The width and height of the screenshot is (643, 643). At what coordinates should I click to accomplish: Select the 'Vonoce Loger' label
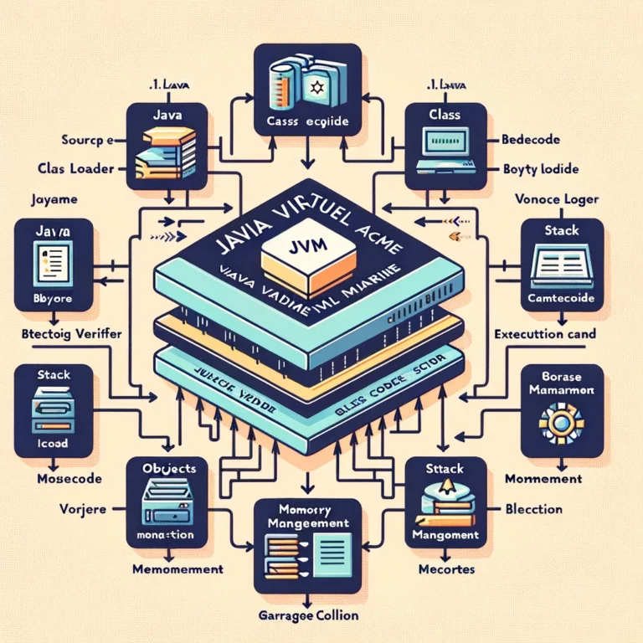tap(554, 200)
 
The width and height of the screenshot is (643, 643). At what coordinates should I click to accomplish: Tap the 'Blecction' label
tap(534, 508)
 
